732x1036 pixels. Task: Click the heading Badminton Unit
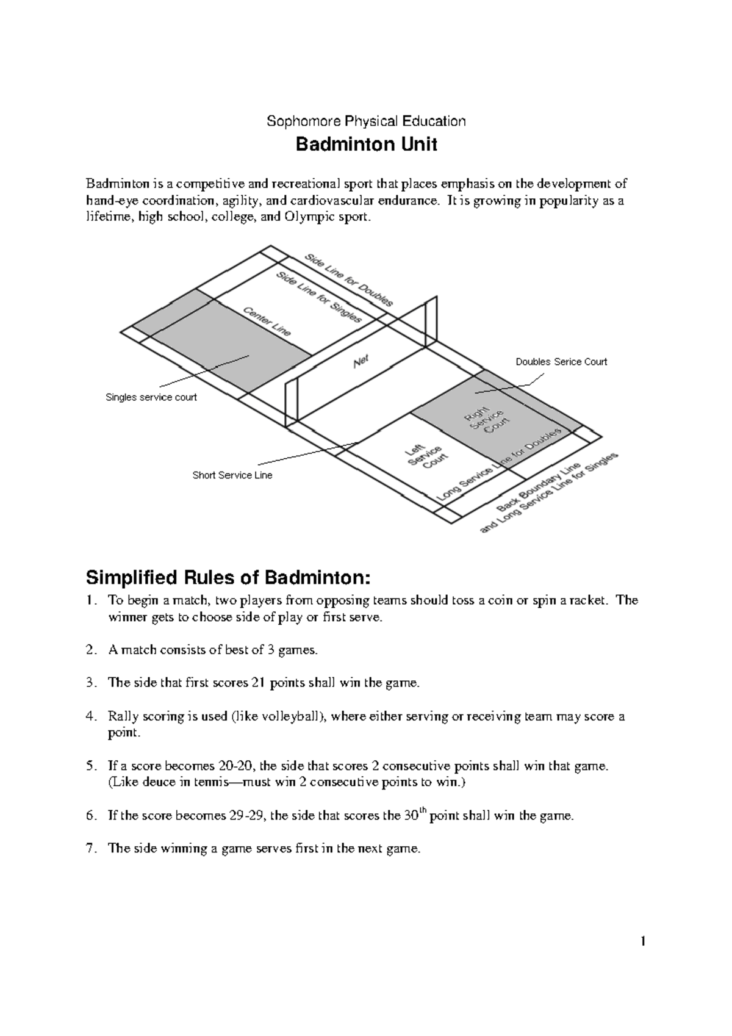366,145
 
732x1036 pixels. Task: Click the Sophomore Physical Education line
366,121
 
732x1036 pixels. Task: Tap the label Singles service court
151,397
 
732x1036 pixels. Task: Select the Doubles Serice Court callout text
561,362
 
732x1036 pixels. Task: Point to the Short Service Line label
232,475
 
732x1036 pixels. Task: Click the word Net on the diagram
362,362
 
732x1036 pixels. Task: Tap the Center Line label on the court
267,321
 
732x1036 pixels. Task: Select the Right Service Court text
487,420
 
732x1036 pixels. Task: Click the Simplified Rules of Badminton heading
228,577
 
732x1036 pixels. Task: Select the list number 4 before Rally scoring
90,716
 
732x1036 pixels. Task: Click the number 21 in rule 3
257,683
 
